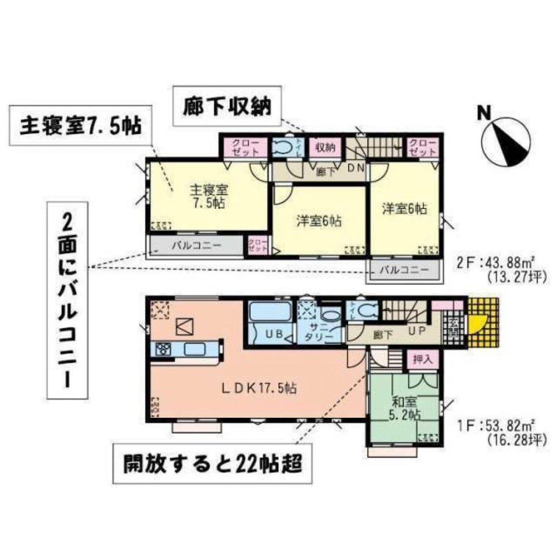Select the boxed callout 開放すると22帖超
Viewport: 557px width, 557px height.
[x=210, y=463]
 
